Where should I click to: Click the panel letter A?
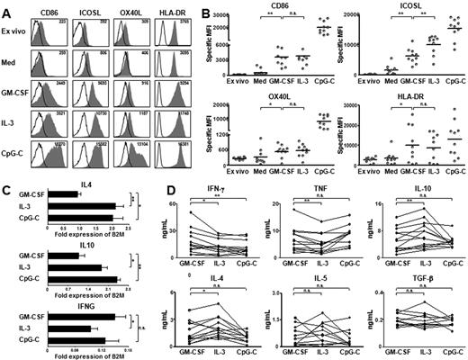pyautogui.click(x=6, y=8)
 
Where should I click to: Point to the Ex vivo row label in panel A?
pyautogui.click(x=19, y=33)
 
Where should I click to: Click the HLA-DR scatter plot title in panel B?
pyautogui.click(x=401, y=94)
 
